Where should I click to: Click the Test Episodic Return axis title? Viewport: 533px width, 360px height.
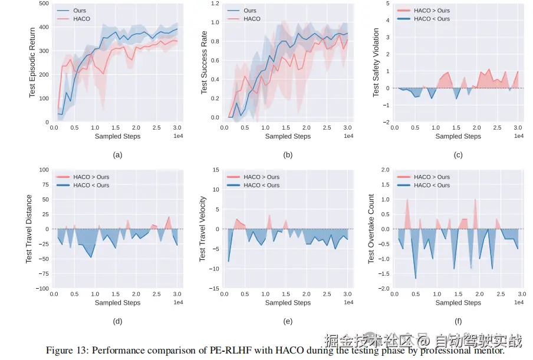pos(32,63)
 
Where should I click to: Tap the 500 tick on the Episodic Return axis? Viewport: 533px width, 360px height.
pos(44,4)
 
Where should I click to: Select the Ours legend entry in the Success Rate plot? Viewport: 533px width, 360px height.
pos(249,11)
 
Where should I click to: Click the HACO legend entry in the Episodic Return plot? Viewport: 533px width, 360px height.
pos(81,19)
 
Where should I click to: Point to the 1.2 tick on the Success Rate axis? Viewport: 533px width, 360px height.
pos(215,4)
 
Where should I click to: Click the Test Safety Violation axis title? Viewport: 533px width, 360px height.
pos(375,63)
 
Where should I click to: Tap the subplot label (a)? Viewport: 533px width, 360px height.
pos(117,155)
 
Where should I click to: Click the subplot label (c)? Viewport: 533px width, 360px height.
pos(458,155)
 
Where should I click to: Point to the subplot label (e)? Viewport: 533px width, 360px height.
pos(288,322)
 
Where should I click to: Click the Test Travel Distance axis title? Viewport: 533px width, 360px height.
pos(29,229)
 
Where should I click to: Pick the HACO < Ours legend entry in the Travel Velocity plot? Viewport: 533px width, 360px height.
pos(261,185)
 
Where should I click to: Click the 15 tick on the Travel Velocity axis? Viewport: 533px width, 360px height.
pos(216,170)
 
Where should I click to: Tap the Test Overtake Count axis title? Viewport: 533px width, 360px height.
pos(371,229)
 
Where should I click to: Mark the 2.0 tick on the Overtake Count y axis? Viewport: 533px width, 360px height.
pos(385,170)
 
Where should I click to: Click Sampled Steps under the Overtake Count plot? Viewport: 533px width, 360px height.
pos(458,303)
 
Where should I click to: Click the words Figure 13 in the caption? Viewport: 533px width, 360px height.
pos(67,350)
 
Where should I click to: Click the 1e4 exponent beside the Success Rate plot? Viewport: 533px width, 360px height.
pos(348,136)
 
